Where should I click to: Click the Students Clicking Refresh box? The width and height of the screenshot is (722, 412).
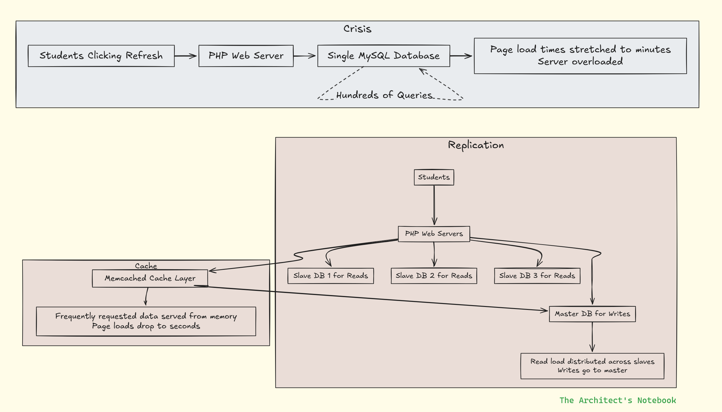[101, 56]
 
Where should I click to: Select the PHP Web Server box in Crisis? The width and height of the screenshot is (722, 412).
[246, 56]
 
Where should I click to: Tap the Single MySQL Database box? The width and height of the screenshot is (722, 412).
[384, 56]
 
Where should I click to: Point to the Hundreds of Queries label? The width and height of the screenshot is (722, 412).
[384, 95]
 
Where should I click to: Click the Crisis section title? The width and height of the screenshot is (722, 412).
[357, 29]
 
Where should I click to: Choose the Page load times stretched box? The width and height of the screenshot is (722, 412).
[580, 56]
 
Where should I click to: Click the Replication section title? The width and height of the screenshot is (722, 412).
[476, 145]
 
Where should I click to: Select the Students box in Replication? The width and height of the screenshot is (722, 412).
[434, 177]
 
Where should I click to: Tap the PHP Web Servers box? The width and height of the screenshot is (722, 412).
[434, 234]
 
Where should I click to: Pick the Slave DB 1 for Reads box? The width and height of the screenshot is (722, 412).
[331, 276]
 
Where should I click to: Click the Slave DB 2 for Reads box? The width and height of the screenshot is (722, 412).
[434, 276]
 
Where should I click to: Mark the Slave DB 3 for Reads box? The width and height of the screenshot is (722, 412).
[537, 276]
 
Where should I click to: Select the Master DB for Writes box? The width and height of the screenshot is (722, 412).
[592, 314]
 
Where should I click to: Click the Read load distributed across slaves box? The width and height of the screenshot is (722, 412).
[592, 366]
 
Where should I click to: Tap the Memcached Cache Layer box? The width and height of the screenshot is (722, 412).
[150, 278]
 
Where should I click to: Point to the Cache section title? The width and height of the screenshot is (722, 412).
[146, 266]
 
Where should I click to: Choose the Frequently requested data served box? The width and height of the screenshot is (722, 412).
[146, 321]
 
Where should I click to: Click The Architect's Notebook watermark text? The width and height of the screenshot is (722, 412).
[618, 400]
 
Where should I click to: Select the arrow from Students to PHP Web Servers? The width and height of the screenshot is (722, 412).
[434, 205]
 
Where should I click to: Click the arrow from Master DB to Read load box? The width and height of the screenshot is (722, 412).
[592, 337]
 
